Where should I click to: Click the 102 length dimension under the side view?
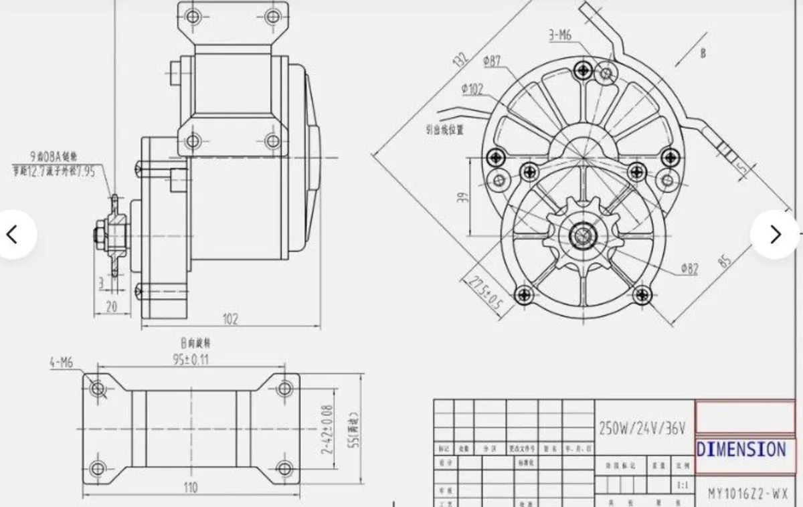tap(230, 319)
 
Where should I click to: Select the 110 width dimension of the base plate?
tap(191, 488)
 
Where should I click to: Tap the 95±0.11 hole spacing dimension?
tap(191, 359)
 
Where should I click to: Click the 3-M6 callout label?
tap(561, 35)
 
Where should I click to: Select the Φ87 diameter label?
tap(493, 61)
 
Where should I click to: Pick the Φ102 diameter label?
tap(472, 89)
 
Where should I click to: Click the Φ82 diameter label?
tap(689, 269)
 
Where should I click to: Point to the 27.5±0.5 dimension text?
tap(486, 292)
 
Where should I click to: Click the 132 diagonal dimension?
tap(460, 60)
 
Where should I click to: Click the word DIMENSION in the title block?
tap(741, 449)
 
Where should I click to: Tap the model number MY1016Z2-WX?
tap(748, 496)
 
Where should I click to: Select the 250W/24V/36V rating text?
tap(642, 429)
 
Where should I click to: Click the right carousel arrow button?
tap(775, 234)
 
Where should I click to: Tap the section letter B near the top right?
tap(703, 54)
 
